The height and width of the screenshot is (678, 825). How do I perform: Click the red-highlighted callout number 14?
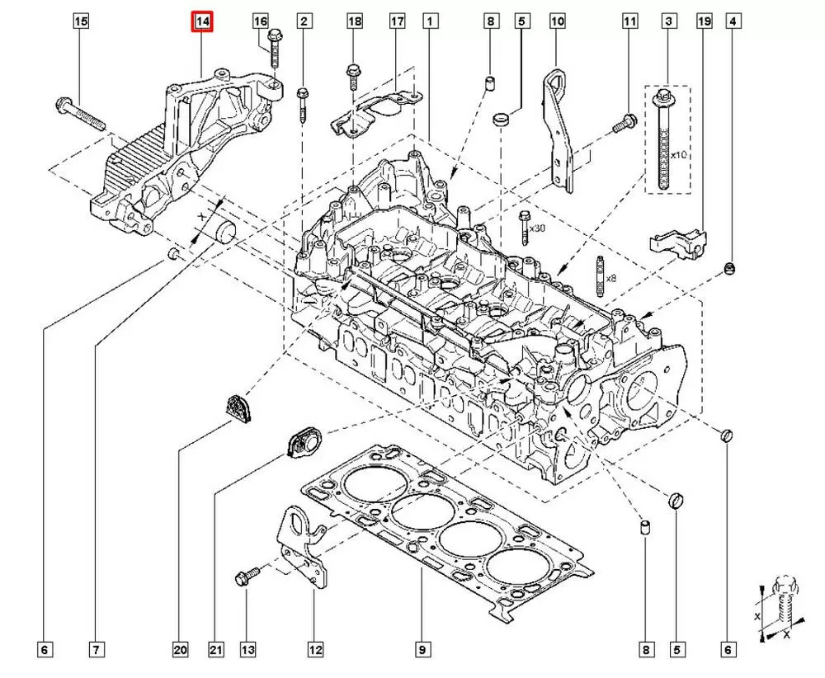[202, 21]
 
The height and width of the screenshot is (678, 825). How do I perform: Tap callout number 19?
[704, 21]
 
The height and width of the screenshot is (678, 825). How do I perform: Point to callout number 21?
[216, 651]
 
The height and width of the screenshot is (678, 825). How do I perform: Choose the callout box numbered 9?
[421, 651]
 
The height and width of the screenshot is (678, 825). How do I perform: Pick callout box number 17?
[397, 21]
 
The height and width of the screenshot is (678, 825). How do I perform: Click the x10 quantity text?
[679, 155]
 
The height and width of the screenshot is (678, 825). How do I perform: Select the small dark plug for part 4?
[730, 269]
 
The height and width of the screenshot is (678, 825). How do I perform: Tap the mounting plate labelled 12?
[304, 549]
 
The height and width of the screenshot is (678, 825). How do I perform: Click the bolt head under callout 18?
[354, 72]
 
